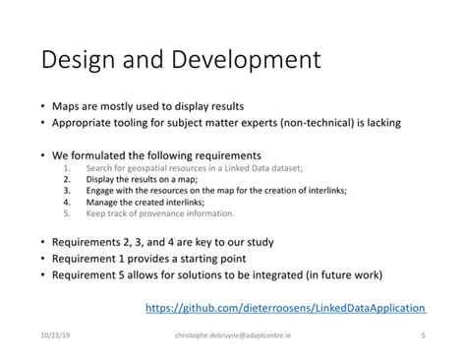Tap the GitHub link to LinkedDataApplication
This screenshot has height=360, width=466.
tap(285, 308)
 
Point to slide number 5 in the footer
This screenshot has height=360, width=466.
tap(422, 334)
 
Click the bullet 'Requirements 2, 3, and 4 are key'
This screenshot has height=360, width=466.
tap(163, 242)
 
